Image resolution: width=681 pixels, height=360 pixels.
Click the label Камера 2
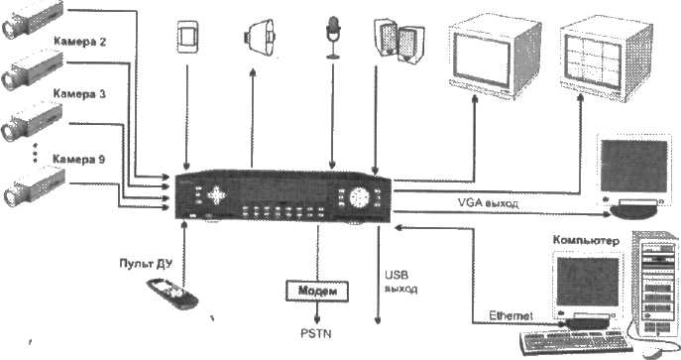[x=79, y=42]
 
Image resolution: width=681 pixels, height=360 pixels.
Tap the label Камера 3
[x=79, y=94]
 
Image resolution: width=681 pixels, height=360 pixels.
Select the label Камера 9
[x=78, y=159]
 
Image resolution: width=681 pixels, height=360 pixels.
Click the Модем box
[x=317, y=291]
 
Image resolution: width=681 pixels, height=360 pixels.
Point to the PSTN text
[x=316, y=333]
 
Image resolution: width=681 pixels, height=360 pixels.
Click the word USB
[x=397, y=275]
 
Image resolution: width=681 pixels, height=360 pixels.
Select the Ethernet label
[x=511, y=315]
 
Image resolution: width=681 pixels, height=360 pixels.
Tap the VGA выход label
[x=488, y=202]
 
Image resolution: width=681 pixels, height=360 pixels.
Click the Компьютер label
[x=586, y=240]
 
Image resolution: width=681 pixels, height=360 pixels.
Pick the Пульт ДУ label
[x=146, y=263]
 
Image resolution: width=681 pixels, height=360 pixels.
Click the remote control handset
[x=172, y=294]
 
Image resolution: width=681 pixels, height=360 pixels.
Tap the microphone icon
[x=333, y=38]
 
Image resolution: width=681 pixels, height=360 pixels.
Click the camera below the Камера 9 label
[x=35, y=186]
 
